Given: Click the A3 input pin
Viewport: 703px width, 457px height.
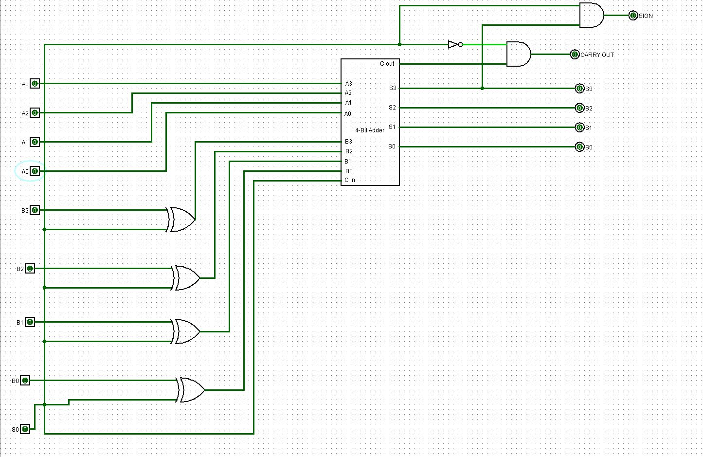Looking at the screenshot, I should click(x=35, y=84).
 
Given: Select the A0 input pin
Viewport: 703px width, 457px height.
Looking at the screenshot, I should click(x=35, y=171).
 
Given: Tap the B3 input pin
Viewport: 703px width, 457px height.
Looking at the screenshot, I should click(x=35, y=210).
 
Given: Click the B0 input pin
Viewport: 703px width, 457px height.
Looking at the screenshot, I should click(x=25, y=381).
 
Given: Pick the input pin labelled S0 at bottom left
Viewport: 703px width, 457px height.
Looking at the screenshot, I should click(x=25, y=429).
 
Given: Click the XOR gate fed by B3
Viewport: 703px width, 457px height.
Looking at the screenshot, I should click(x=181, y=219).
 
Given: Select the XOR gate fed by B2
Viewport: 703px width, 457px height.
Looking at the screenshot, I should click(x=186, y=278).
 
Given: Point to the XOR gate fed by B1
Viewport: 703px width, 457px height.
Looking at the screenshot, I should click(x=186, y=331).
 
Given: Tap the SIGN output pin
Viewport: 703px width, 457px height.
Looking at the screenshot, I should click(x=633, y=16).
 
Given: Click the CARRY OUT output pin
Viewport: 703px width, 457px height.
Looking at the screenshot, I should click(x=575, y=55).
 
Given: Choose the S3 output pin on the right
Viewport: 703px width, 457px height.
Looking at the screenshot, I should click(x=579, y=89).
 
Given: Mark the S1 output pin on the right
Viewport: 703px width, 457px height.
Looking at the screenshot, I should click(x=579, y=128).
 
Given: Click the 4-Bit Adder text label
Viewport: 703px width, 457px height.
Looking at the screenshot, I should click(x=370, y=130).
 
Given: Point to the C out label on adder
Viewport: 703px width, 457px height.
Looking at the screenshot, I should click(x=387, y=64).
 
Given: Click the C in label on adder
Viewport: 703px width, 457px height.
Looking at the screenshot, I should click(x=350, y=180).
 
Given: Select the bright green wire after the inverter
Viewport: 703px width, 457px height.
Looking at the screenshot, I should click(x=484, y=45).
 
